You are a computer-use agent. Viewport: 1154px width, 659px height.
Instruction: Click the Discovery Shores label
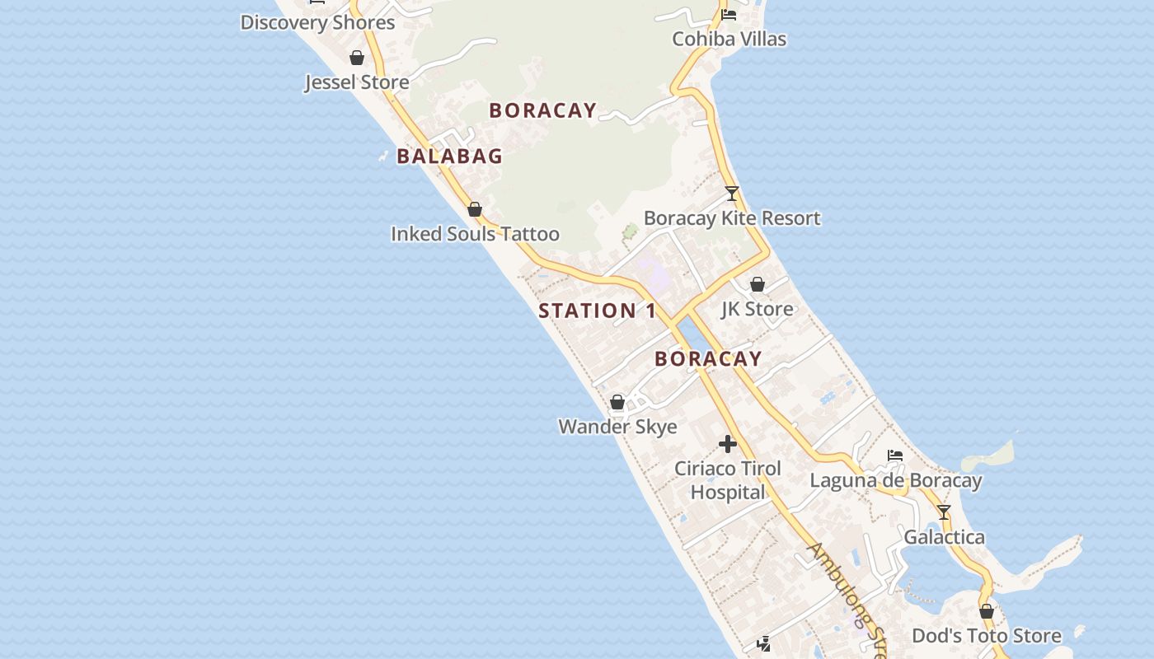[x=317, y=22]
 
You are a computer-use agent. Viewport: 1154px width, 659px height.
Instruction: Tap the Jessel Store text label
[x=357, y=82]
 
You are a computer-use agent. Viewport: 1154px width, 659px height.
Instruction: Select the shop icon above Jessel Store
[x=357, y=58]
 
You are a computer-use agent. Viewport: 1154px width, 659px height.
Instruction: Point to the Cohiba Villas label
[x=729, y=39]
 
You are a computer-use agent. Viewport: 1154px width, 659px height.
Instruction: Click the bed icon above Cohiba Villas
[x=729, y=14]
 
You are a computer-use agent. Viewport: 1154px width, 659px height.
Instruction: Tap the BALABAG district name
[x=449, y=156]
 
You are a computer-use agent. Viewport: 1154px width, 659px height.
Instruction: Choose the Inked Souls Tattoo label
[x=475, y=234]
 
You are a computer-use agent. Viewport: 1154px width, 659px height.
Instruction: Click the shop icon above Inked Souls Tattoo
[x=475, y=209]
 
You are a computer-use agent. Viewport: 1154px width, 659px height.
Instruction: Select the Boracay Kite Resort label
[x=732, y=218]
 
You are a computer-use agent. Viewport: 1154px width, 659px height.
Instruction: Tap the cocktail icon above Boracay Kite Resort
[x=732, y=194]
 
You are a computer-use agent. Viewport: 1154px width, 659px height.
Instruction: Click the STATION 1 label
[x=598, y=311]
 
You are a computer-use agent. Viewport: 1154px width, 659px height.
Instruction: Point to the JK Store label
[x=758, y=309]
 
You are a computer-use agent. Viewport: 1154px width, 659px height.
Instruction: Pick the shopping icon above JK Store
[x=758, y=284]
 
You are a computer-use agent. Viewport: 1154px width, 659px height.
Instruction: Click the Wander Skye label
[x=617, y=427]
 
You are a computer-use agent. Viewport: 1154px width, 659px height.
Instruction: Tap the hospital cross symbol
[x=728, y=444]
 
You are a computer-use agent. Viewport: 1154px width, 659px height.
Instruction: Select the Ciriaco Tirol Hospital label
[x=728, y=480]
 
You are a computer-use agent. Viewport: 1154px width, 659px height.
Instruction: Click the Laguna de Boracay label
[x=895, y=480]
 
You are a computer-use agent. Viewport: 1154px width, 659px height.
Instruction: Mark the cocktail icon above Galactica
[x=944, y=512]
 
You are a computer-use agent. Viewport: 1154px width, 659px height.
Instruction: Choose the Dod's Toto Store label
[x=986, y=636]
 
